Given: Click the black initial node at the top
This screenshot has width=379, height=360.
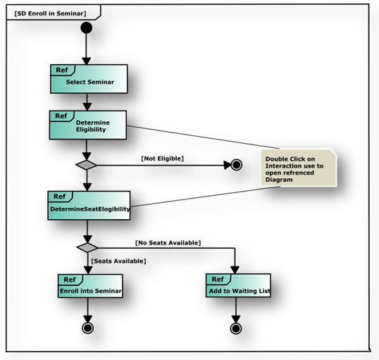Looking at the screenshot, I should [x=87, y=28].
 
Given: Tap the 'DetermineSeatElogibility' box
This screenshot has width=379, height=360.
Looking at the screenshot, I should [x=89, y=205].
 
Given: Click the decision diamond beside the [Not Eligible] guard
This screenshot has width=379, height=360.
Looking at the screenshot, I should [x=87, y=165].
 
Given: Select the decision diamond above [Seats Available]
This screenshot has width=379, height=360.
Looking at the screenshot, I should [x=87, y=247].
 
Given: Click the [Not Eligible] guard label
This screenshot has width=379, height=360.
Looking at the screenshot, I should [x=163, y=159].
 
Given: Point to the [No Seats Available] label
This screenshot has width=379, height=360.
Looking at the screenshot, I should [x=168, y=243].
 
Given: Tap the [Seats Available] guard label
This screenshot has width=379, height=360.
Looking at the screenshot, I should [x=118, y=261].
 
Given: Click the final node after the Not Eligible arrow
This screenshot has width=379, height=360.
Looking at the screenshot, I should [x=236, y=165].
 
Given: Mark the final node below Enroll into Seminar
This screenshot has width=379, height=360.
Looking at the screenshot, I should [x=87, y=328].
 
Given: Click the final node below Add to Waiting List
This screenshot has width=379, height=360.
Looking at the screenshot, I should [x=236, y=328].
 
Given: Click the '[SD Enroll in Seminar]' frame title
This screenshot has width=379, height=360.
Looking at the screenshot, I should [x=48, y=13].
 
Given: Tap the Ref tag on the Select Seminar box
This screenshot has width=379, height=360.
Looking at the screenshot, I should [x=62, y=70].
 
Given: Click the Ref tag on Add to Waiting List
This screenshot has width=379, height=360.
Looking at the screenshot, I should [x=218, y=279].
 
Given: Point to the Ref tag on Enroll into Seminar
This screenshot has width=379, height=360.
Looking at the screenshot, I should [x=69, y=279].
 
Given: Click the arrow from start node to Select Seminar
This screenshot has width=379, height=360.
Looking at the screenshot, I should [x=87, y=48].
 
